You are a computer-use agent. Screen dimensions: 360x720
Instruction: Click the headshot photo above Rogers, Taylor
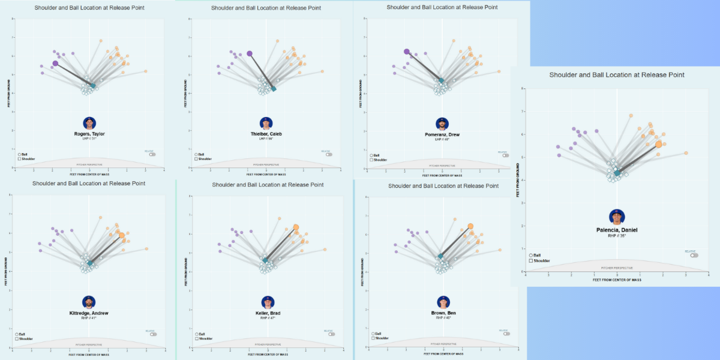pos(89,123)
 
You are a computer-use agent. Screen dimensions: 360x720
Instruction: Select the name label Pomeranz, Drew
pos(442,134)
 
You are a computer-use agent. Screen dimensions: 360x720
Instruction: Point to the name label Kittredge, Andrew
pos(89,313)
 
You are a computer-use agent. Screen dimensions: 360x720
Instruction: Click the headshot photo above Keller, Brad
pos(267,302)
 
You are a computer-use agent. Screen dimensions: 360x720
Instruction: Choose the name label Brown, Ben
pos(443,313)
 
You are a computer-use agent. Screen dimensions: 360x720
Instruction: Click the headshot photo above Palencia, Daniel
pos(616,217)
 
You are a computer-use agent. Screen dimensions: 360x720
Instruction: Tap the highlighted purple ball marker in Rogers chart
pos(55,63)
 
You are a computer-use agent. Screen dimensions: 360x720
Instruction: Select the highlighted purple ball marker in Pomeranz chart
pos(407,52)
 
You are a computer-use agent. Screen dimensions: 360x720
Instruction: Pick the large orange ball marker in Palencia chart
pos(659,144)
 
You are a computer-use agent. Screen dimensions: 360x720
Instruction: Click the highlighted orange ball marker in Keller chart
pos(296,227)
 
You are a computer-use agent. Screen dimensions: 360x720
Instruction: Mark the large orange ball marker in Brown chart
pos(470,226)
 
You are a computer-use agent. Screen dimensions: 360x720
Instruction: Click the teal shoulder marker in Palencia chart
pos(617,173)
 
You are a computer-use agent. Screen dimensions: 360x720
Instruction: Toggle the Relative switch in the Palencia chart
pos(694,255)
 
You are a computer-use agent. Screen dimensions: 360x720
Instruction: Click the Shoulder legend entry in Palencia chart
pos(540,260)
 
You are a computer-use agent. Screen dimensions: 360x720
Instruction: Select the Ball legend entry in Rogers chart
pos(23,154)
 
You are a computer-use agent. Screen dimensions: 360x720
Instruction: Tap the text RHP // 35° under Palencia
pos(617,236)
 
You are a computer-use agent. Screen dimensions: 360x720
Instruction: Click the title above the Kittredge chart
pos(89,183)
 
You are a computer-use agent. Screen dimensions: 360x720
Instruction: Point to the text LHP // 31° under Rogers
pos(89,139)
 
